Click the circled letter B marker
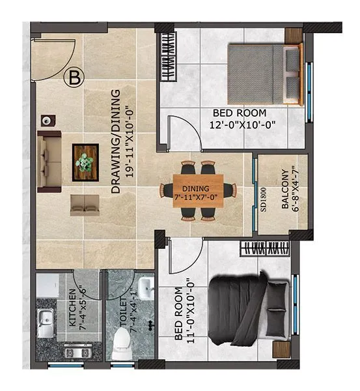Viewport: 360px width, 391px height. coord(75,77)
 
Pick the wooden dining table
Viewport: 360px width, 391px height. coord(197,190)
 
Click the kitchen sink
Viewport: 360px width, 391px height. coord(45,323)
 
